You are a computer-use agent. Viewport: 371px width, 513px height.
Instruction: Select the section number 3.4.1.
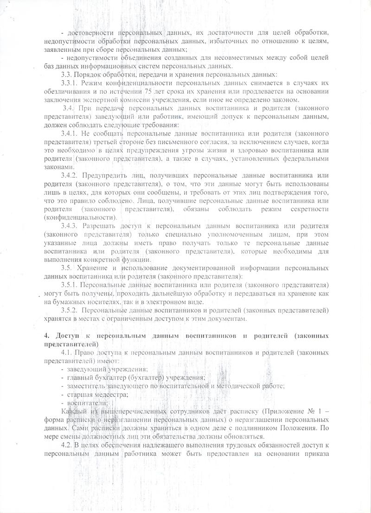click(x=70, y=134)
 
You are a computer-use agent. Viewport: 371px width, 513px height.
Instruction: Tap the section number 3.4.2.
click(x=70, y=175)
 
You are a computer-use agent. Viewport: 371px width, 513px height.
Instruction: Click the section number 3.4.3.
click(x=70, y=226)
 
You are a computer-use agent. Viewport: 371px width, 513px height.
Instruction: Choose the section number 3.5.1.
click(x=70, y=284)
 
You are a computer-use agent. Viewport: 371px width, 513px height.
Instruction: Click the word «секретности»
click(x=310, y=209)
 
